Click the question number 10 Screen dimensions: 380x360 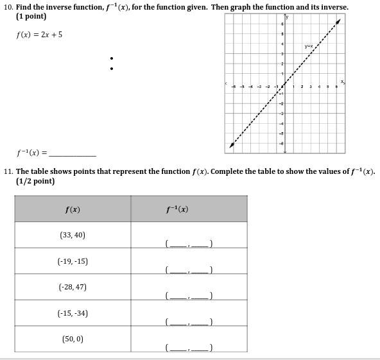click(x=8, y=7)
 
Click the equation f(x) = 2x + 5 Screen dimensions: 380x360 click(x=39, y=35)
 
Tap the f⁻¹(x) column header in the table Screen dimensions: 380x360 click(x=177, y=210)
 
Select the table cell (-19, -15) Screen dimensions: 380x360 click(x=73, y=261)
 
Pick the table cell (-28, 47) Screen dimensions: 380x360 click(x=73, y=287)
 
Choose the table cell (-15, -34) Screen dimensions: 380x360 click(x=73, y=313)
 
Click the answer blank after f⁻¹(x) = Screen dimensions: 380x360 click(x=73, y=155)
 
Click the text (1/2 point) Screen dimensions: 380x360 click(x=35, y=182)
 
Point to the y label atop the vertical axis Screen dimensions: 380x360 click(x=288, y=17)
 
